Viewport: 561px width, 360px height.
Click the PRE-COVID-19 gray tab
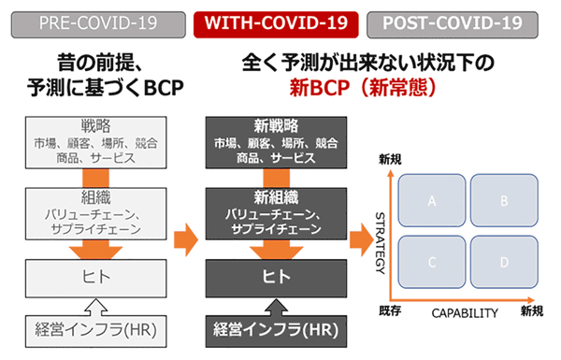click(x=98, y=24)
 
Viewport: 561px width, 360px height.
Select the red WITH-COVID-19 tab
click(x=276, y=24)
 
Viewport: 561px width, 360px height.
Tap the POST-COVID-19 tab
click(x=453, y=24)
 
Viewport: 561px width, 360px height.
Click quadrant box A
click(x=432, y=200)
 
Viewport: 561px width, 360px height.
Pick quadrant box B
click(x=504, y=200)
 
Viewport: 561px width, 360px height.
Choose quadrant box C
click(x=432, y=262)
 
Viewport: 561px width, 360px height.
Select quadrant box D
click(x=504, y=262)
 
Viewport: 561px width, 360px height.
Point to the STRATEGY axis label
click(x=380, y=243)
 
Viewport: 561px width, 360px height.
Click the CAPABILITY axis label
click(x=465, y=313)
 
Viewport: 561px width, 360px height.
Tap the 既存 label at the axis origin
click(x=390, y=310)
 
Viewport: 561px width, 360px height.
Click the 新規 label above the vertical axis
click(x=390, y=159)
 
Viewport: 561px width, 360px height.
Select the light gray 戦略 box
click(x=96, y=142)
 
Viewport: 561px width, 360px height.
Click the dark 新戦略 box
click(x=276, y=142)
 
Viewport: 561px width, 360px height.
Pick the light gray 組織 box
click(x=96, y=213)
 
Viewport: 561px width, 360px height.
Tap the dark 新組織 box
click(x=276, y=213)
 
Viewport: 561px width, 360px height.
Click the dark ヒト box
click(x=276, y=278)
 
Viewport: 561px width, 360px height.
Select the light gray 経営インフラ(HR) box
click(x=96, y=331)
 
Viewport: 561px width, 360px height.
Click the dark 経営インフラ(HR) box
click(x=276, y=331)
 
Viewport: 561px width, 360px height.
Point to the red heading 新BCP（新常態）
click(x=363, y=87)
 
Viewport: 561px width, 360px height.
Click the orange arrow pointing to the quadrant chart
click(x=362, y=239)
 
